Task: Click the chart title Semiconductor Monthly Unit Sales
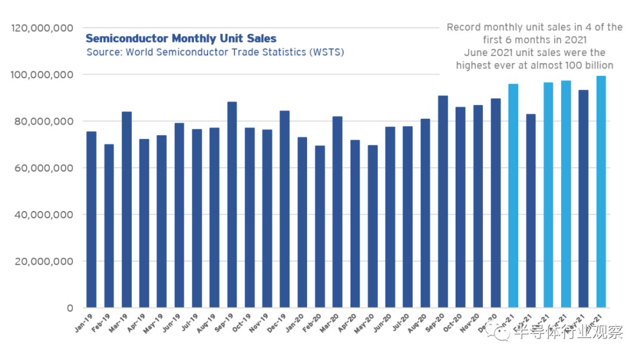(181, 39)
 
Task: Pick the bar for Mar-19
(126, 209)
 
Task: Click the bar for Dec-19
(285, 209)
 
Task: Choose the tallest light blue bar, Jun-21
(601, 191)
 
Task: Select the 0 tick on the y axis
(69, 308)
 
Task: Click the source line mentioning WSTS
(215, 52)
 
